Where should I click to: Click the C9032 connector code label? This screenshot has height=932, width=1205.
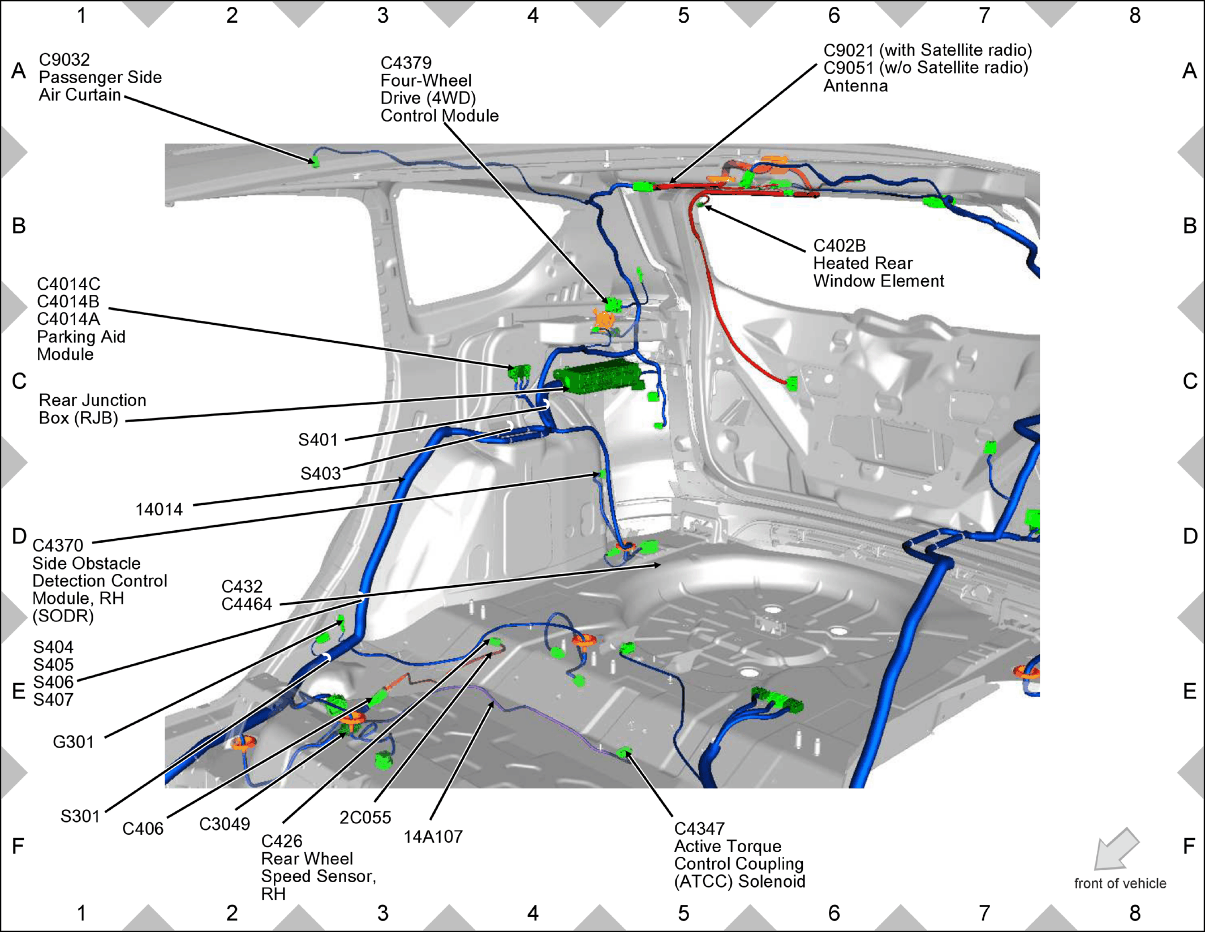point(64,59)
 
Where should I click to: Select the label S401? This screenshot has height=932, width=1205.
point(318,440)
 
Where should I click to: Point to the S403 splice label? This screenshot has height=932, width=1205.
point(321,473)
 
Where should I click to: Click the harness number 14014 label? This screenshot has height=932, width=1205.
point(159,509)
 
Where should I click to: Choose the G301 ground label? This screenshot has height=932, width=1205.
point(74,741)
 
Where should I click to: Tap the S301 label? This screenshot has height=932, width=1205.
point(80,816)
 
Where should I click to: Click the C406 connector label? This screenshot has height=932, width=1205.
point(143,828)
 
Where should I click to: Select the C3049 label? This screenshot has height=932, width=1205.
point(225,824)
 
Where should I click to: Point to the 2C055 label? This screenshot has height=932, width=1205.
point(365,817)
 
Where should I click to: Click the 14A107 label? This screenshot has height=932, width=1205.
point(433,836)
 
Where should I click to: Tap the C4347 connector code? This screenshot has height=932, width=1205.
point(700,828)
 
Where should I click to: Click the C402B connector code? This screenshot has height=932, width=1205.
point(840,246)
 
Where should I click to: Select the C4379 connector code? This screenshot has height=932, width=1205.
point(406,63)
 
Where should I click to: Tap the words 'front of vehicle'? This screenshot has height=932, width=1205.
point(1120,883)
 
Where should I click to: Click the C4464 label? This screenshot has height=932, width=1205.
point(247,604)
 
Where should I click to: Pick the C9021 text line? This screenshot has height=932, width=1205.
point(928,50)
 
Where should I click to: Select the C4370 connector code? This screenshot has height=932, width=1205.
point(58,546)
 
